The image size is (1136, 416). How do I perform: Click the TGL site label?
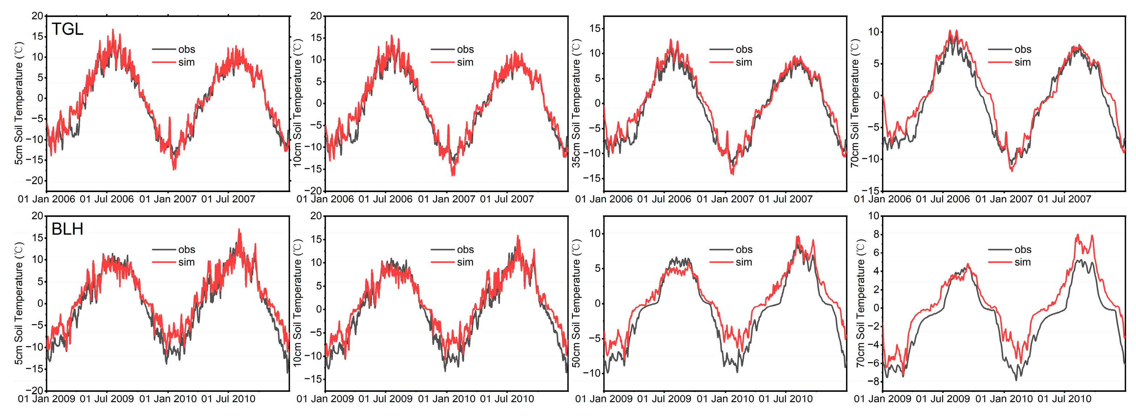pyautogui.click(x=67, y=29)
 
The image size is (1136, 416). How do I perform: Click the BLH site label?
pyautogui.click(x=67, y=229)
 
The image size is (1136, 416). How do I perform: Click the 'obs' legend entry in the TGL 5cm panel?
pyautogui.click(x=186, y=49)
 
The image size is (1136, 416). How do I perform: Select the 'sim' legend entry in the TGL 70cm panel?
pyautogui.click(x=1022, y=62)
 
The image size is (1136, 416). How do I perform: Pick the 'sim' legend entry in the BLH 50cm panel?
pyautogui.click(x=744, y=262)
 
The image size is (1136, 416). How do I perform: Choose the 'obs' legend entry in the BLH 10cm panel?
pyautogui.click(x=465, y=250)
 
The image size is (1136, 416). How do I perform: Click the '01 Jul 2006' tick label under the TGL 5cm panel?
pyautogui.click(x=107, y=199)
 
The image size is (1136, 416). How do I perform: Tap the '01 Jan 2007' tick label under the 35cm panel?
pyautogui.click(x=725, y=199)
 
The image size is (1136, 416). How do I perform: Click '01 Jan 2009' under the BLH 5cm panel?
pyautogui.click(x=46, y=399)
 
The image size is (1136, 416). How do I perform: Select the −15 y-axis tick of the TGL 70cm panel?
pyautogui.click(x=871, y=191)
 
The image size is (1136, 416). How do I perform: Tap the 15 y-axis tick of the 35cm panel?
pyautogui.click(x=595, y=28)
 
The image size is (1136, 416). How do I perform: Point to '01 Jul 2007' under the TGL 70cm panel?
pyautogui.click(x=1064, y=199)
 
